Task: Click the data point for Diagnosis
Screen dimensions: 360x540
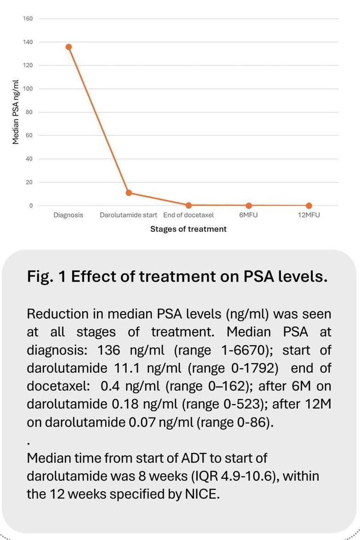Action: point(69,47)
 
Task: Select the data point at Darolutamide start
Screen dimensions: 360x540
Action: point(129,192)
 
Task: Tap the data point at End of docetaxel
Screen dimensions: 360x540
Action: point(188,205)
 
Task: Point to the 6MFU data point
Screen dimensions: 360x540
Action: point(249,206)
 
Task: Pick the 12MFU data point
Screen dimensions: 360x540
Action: point(308,206)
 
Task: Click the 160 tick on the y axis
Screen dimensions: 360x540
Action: point(28,18)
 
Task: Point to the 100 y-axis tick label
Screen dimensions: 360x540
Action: point(28,88)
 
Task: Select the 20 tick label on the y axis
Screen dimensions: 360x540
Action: point(29,182)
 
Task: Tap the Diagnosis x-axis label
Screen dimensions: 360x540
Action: point(68,215)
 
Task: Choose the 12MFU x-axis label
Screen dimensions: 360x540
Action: point(308,215)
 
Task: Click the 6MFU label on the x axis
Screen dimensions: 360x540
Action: point(249,215)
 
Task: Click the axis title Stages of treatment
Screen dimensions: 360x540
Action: point(188,229)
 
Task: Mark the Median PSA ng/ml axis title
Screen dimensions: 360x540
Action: point(16,112)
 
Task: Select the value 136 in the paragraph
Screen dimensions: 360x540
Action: point(109,350)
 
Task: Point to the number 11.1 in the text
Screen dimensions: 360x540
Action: point(127,368)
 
